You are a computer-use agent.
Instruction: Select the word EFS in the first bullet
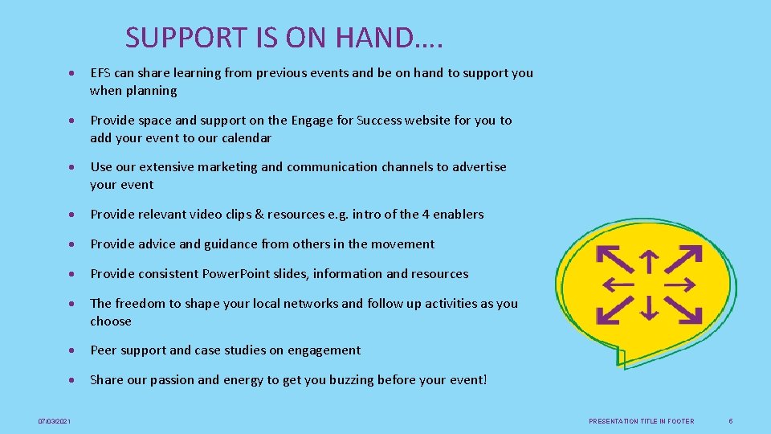click(101, 73)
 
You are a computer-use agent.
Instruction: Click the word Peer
click(104, 350)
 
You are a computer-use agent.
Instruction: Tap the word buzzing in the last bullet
click(376, 380)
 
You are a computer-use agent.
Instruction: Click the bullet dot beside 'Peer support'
click(73, 351)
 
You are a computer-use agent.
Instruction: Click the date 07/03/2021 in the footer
click(55, 421)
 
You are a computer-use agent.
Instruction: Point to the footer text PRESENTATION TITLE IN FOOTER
click(641, 421)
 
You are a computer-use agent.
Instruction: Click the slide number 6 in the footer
click(730, 421)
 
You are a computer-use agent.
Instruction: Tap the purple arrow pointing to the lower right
click(685, 310)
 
